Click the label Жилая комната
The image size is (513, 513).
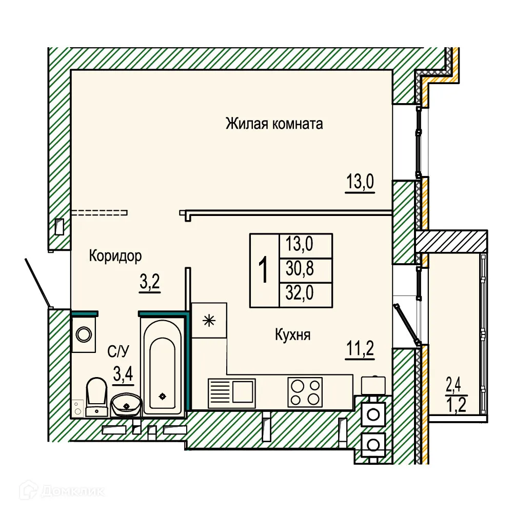point(274,124)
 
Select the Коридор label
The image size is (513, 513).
point(115,255)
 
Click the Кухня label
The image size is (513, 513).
point(293,335)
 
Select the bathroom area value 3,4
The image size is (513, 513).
point(123,373)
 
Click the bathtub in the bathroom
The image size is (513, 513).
point(163,367)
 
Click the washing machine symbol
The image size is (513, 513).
point(83,334)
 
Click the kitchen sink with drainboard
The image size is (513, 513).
point(231,392)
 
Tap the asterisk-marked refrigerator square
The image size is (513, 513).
point(208,321)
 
